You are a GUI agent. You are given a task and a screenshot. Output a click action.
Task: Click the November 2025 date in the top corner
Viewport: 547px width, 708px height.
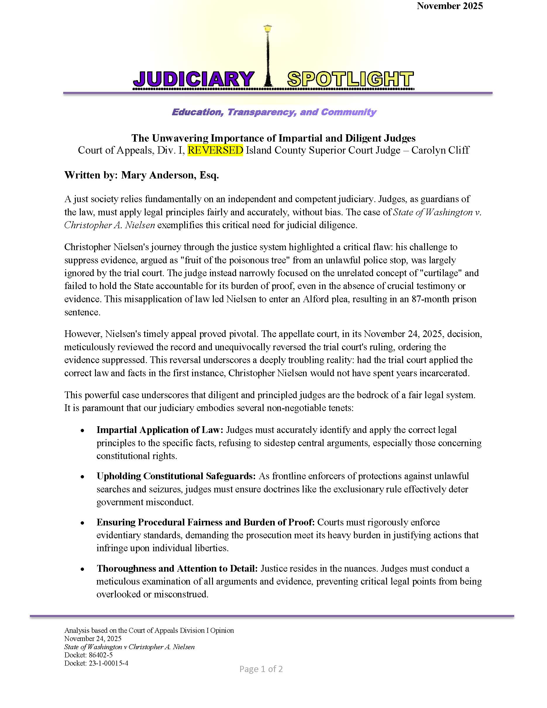point(450,6)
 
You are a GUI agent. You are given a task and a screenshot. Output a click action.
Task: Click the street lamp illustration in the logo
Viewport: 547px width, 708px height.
point(268,55)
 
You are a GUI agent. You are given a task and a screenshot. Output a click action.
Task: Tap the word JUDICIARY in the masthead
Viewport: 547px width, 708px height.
point(193,79)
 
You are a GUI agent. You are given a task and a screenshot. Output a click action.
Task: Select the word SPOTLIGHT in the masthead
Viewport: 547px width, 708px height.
point(350,79)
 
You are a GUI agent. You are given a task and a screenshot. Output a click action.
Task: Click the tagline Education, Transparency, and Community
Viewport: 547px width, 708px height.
point(274,112)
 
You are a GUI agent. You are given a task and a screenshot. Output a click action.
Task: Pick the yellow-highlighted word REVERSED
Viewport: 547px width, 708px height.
point(215,150)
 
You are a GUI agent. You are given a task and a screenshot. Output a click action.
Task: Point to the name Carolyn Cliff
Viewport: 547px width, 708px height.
point(440,150)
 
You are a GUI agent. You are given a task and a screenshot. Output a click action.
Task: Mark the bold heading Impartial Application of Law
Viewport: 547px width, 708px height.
point(160,430)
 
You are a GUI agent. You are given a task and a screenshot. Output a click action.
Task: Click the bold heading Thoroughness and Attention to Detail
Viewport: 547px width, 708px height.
point(177,568)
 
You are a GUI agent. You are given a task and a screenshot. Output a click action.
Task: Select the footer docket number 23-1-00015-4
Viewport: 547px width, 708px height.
point(108,663)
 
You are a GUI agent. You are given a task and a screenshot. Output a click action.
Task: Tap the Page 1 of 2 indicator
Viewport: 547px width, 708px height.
point(261,669)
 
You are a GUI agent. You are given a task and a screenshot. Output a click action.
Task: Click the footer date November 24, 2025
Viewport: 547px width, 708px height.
point(93,639)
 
